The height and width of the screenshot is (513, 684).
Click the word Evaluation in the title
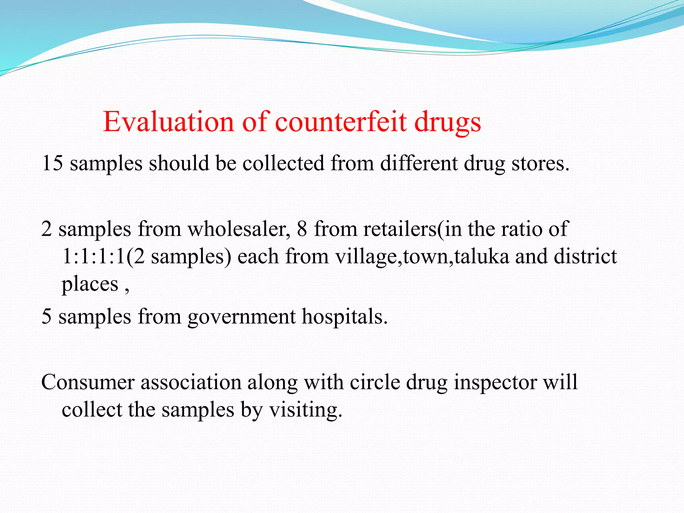pos(168,122)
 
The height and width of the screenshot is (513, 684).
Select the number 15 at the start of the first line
pos(52,163)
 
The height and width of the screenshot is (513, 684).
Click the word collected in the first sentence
pos(283,163)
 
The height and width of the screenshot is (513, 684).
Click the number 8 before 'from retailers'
pos(302,229)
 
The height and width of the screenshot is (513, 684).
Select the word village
pos(366,256)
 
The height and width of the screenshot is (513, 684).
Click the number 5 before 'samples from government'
pos(46,316)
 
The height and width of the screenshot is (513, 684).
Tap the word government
pos(241,316)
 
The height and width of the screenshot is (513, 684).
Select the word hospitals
pos(344,316)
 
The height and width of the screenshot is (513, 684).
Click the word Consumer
pos(88,382)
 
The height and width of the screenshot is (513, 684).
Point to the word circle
pos(375,382)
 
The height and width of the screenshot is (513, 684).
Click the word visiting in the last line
pos(305,410)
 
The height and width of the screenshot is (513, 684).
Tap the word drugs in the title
pos(448,122)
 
